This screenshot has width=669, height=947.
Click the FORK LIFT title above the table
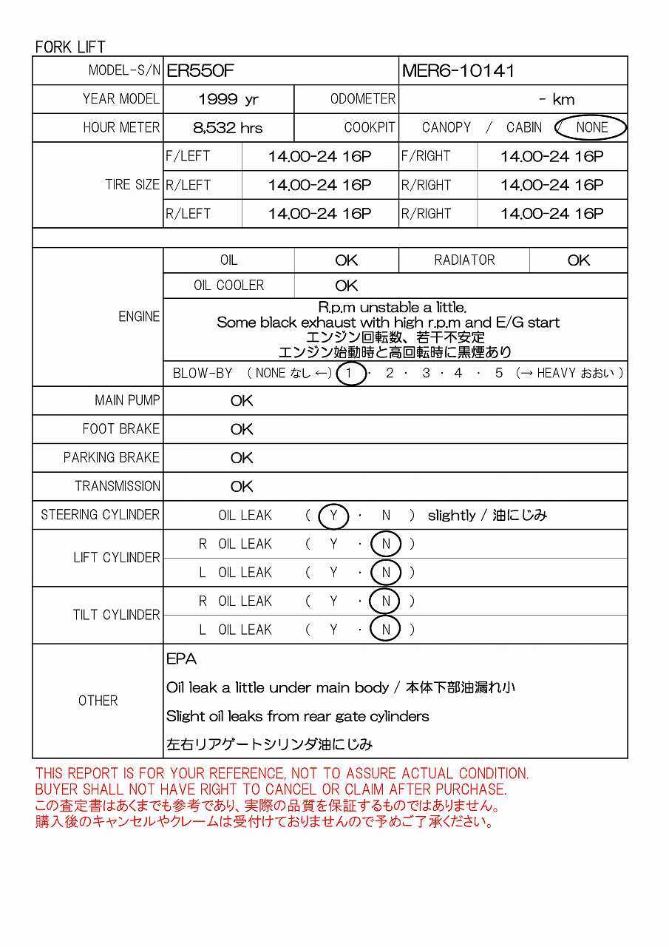pyautogui.click(x=70, y=47)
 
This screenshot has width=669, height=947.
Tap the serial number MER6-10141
pyautogui.click(x=458, y=71)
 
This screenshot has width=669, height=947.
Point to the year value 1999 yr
pyautogui.click(x=228, y=100)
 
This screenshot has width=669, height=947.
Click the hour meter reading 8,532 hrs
pyautogui.click(x=228, y=128)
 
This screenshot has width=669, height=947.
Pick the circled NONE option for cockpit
pyautogui.click(x=591, y=127)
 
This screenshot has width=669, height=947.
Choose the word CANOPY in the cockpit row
pyautogui.click(x=446, y=127)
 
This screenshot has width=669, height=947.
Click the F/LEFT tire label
pyautogui.click(x=188, y=156)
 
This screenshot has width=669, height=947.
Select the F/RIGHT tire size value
pyautogui.click(x=551, y=157)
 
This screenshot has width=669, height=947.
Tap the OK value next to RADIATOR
pyautogui.click(x=578, y=260)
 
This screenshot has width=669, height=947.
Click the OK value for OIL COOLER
pyautogui.click(x=346, y=286)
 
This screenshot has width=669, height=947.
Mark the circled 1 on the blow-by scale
pyautogui.click(x=350, y=374)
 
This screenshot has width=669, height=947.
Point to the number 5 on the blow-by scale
pyautogui.click(x=499, y=374)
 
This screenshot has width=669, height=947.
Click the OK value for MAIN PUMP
pyautogui.click(x=242, y=401)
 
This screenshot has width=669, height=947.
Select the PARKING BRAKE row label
pyautogui.click(x=112, y=458)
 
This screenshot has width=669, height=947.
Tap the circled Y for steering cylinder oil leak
pyautogui.click(x=333, y=516)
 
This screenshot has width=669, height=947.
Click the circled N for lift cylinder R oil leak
pyautogui.click(x=385, y=545)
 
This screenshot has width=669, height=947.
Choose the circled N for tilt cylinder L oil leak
pyautogui.click(x=385, y=630)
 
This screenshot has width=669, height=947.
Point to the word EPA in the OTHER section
pyautogui.click(x=181, y=658)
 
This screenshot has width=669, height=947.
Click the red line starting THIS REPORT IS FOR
pyautogui.click(x=282, y=774)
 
